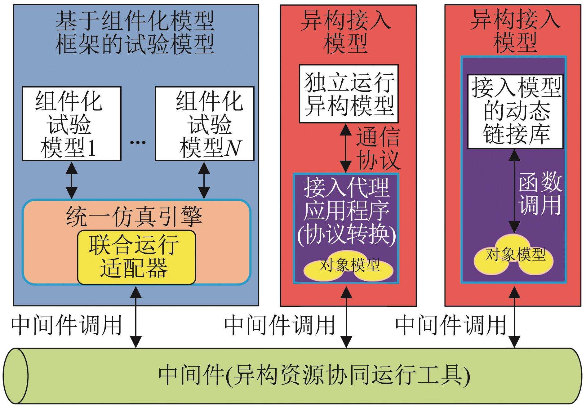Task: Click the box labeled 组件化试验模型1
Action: tap(71, 124)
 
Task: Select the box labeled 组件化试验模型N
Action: tap(205, 124)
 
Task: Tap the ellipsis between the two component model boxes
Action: tap(138, 142)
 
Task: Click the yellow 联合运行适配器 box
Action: tap(136, 257)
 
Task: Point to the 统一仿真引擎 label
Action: tap(134, 216)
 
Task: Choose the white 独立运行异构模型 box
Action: tap(348, 94)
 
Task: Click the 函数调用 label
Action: tap(539, 194)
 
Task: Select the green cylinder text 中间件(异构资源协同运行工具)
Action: tap(314, 376)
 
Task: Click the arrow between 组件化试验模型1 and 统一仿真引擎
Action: tap(72, 180)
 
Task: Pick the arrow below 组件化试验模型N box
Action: tap(204, 180)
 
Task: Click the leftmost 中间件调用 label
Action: tap(66, 325)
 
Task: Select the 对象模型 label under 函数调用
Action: tap(515, 255)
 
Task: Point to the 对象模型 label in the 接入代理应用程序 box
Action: tap(349, 265)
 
